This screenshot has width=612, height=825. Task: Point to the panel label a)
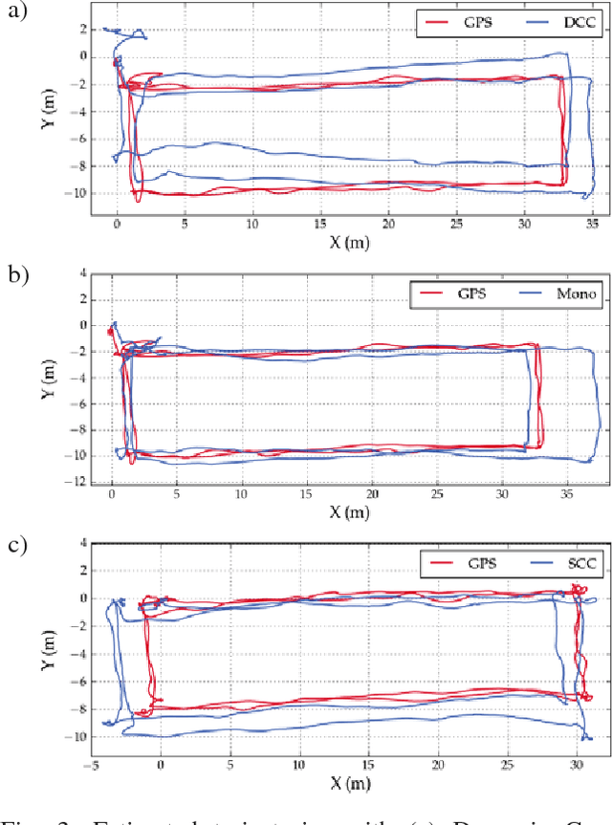click(17, 14)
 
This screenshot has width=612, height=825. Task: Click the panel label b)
click(17, 276)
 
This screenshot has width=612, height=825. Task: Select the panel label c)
click(17, 546)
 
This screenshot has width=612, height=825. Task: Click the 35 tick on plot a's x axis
click(593, 223)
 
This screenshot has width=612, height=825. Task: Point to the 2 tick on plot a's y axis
click(84, 29)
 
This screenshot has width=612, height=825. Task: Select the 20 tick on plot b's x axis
click(371, 495)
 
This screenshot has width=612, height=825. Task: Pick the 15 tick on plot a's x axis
click(320, 223)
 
